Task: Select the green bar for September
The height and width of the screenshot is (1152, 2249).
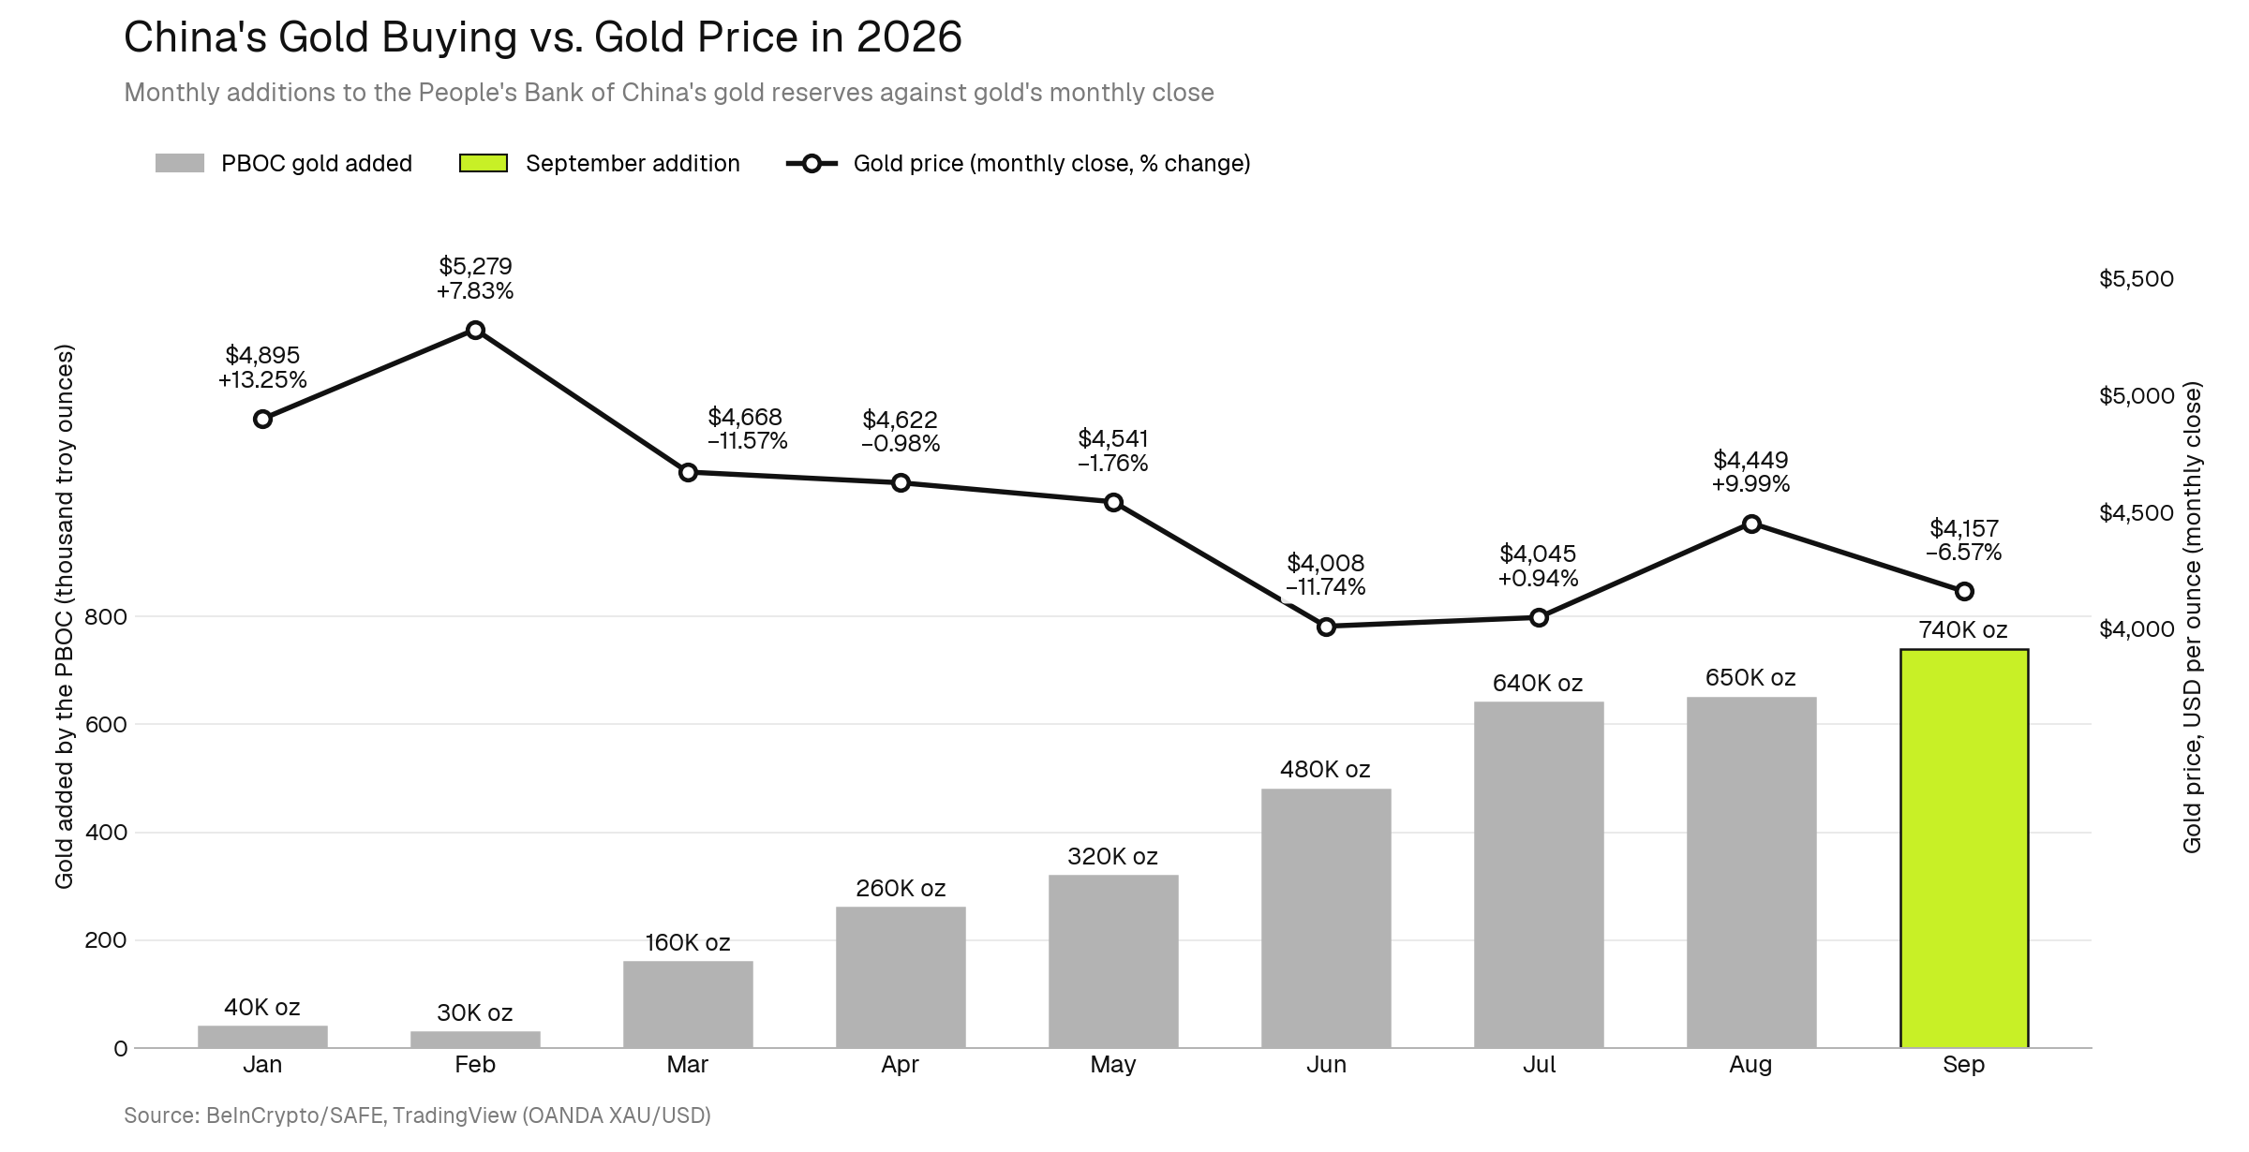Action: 1964,848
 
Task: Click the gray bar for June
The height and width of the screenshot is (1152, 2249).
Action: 1326,918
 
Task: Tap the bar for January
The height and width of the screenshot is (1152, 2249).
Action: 262,1037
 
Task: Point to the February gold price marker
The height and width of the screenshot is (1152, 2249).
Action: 475,330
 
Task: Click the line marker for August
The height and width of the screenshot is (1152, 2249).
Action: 1751,524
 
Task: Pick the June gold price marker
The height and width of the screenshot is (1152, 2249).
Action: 1326,627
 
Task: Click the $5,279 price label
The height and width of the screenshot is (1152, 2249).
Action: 475,266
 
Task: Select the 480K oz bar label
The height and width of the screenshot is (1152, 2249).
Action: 1325,769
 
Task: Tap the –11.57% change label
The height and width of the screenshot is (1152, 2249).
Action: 747,440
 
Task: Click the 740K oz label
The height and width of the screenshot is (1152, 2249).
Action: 1963,629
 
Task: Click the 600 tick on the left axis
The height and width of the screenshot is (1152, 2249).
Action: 106,724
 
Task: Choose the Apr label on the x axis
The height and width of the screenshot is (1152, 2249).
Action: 901,1064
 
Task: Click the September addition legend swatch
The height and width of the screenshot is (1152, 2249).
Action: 483,163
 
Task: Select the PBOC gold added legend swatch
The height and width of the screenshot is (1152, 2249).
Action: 180,163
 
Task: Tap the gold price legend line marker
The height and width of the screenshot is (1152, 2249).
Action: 812,163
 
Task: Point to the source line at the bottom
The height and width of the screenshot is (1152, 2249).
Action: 418,1115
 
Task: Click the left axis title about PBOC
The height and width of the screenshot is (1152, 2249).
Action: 64,616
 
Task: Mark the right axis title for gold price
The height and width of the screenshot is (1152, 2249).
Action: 2192,617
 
